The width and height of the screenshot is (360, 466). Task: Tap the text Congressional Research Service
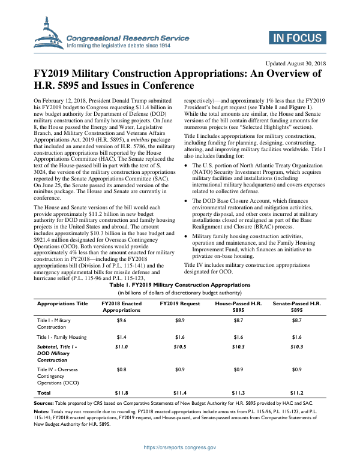tap(127, 38)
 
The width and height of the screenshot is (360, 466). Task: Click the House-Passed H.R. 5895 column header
tap(238, 307)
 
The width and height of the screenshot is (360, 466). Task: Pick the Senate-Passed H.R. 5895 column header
tap(296, 307)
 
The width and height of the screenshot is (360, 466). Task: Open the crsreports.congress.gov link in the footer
tap(179, 447)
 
